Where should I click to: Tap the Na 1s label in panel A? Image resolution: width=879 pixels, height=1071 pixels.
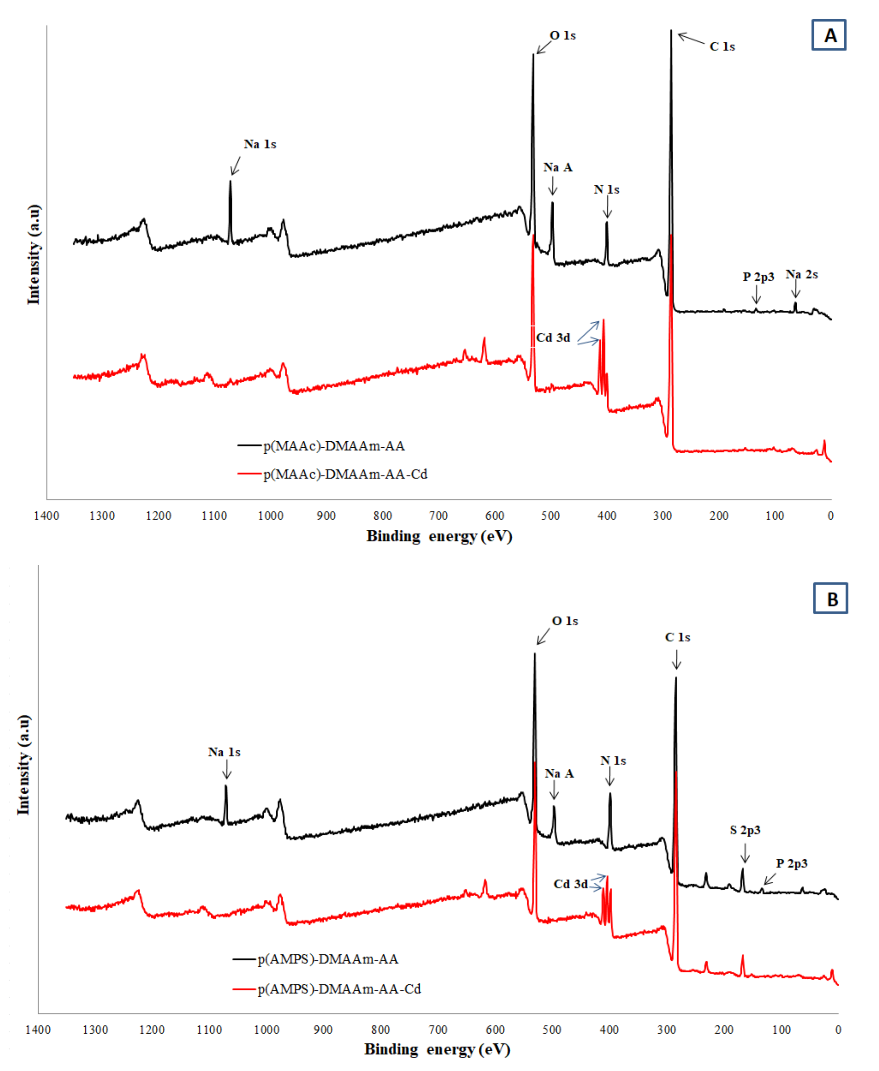[260, 144]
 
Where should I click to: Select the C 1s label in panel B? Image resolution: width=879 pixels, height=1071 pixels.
[677, 637]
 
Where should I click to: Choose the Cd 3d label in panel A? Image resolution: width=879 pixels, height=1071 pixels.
[553, 338]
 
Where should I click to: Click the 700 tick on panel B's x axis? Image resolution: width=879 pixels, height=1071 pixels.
[438, 1030]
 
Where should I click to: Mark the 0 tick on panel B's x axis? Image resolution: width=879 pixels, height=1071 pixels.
[838, 1030]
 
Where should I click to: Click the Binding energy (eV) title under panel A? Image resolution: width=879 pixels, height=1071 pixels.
[439, 536]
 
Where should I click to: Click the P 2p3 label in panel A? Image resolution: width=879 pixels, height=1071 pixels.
[758, 277]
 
